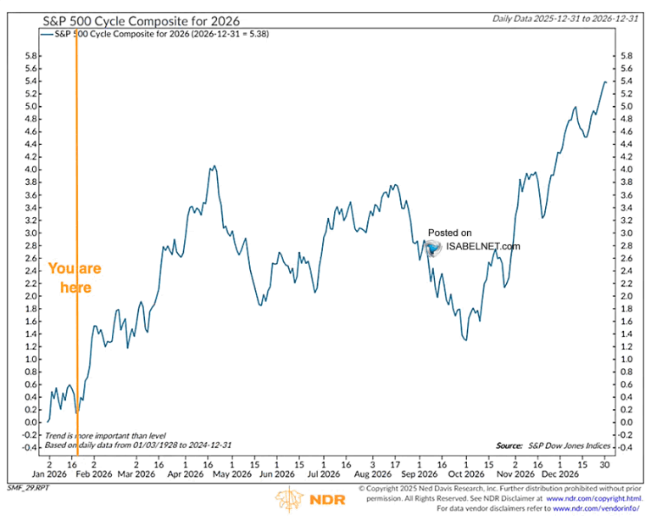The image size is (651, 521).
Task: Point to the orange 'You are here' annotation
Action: click(75, 277)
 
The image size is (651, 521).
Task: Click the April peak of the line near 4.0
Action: click(214, 166)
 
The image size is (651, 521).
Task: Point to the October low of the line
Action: click(465, 339)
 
